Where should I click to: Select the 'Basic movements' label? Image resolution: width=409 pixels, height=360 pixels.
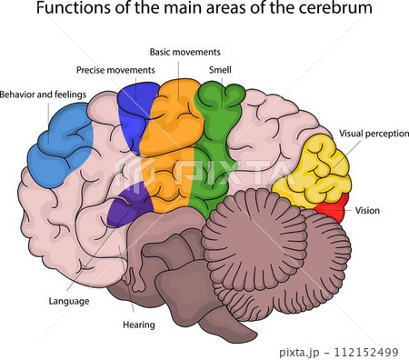click(x=185, y=52)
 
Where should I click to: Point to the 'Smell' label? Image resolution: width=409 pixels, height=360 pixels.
click(x=220, y=69)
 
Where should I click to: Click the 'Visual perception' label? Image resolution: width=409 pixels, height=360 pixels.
click(x=374, y=133)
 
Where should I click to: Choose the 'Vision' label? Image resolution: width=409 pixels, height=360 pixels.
click(x=368, y=210)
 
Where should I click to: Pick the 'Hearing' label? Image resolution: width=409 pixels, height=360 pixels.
click(x=138, y=325)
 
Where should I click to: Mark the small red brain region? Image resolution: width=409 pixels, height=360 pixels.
click(x=334, y=209)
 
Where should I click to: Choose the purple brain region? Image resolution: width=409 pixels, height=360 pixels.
click(x=125, y=204)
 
